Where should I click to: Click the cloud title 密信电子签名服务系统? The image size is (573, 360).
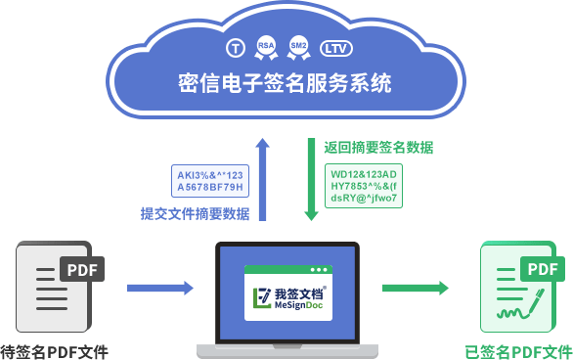point(286,82)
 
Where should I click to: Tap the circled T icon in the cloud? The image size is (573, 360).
point(235,47)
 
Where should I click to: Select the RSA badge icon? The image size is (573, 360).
point(266,45)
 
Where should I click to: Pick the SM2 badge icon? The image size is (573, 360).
point(299,45)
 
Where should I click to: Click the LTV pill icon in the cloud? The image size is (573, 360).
point(334,47)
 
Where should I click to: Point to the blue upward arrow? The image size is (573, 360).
point(262,176)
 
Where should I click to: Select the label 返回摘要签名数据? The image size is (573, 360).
point(378,147)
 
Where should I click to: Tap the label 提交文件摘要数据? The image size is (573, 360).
point(195,213)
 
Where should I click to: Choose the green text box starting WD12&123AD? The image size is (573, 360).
point(364,184)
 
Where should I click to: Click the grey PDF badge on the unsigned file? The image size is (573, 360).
point(81,269)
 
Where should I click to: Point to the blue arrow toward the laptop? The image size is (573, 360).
point(160,288)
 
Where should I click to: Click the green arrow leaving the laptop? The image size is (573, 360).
point(415,288)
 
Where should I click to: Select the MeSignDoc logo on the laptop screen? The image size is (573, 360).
point(287,297)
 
